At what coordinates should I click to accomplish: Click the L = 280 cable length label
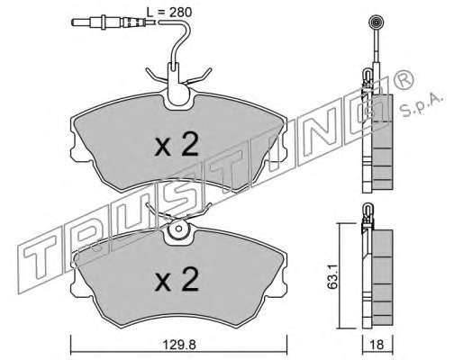tap(169, 13)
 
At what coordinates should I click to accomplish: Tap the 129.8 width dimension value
tap(179, 345)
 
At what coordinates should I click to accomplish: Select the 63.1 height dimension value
tap(332, 276)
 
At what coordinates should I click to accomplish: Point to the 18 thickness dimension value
tap(377, 345)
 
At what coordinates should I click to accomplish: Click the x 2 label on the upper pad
tap(177, 145)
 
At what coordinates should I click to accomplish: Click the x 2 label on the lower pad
tap(177, 280)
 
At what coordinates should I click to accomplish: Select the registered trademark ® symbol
tap(403, 78)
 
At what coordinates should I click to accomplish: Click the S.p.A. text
tap(422, 105)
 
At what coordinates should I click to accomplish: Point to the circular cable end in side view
tap(376, 22)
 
